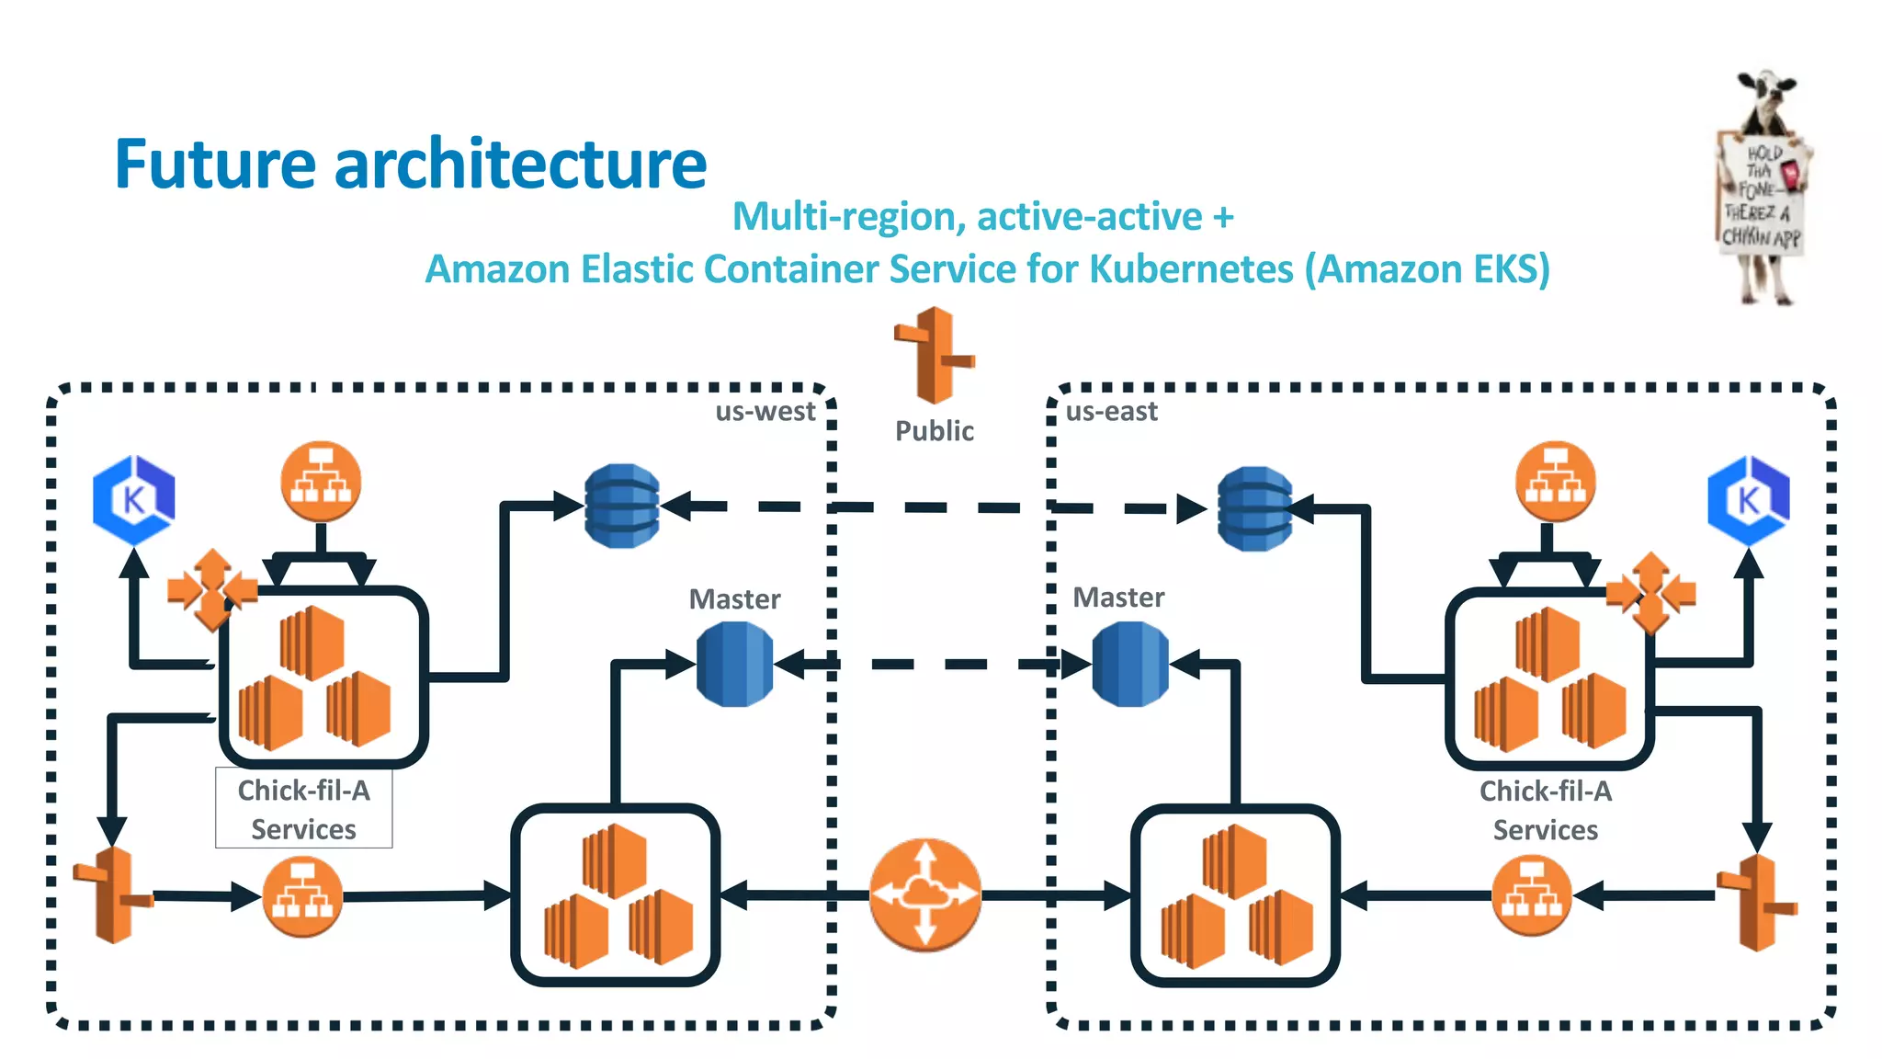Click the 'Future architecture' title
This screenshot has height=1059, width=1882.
[x=410, y=164]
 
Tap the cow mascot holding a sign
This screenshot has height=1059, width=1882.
[x=1762, y=188]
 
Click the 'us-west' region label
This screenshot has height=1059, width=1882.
[x=765, y=411]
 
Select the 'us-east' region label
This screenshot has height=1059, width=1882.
[x=1111, y=411]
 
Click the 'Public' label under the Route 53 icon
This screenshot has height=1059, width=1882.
[x=934, y=430]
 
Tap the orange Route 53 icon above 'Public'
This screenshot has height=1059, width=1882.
[x=934, y=356]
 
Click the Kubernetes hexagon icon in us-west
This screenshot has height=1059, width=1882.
[x=134, y=500]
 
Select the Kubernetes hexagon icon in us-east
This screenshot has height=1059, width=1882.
[x=1748, y=500]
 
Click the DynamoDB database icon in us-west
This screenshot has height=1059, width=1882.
[x=622, y=506]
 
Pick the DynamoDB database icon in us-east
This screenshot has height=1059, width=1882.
[x=1254, y=508]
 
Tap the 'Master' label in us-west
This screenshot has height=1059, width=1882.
[x=734, y=599]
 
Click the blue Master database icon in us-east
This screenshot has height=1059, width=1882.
[x=1130, y=664]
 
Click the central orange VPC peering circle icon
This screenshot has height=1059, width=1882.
[x=925, y=894]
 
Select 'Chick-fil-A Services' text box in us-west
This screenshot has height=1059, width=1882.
[x=303, y=809]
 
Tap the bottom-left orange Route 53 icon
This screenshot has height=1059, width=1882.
[x=113, y=895]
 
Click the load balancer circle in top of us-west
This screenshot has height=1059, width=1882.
[x=321, y=482]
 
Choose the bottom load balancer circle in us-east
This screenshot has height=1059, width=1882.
[x=1531, y=895]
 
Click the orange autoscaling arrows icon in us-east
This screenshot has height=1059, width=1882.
[x=1650, y=593]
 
